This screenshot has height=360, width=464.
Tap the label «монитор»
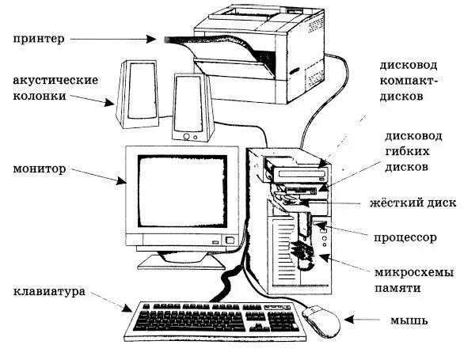point(39,169)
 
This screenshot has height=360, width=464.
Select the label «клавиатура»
point(48,292)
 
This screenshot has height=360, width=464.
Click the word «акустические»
point(55,81)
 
